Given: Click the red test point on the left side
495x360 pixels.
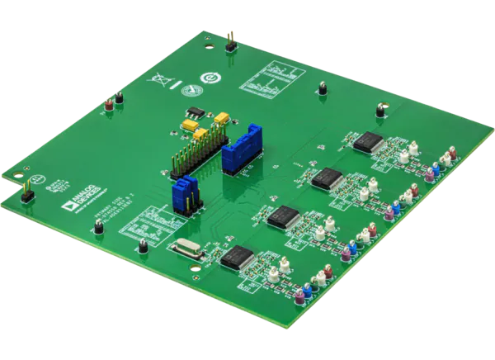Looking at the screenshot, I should coord(107,103).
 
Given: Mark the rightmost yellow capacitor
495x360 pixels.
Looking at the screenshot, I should coord(221,119).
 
